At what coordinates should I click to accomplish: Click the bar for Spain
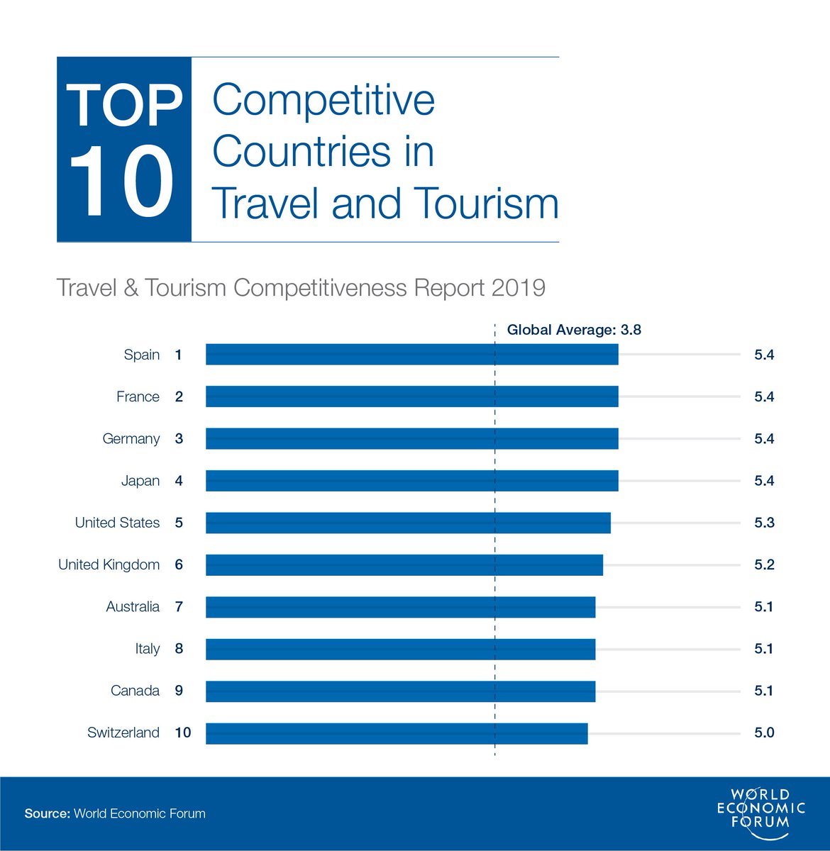click(411, 355)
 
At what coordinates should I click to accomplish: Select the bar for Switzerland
click(397, 733)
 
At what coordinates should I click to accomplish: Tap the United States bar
click(408, 523)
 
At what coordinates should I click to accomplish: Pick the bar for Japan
click(411, 481)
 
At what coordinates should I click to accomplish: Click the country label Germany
click(131, 439)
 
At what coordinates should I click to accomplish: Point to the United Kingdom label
click(109, 564)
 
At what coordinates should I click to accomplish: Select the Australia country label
click(133, 607)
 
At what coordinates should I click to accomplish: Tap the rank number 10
click(183, 733)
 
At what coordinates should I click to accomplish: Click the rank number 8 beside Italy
click(179, 649)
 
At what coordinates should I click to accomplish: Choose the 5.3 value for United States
click(764, 523)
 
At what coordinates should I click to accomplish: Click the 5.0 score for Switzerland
click(764, 733)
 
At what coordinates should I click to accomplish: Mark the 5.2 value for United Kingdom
click(764, 564)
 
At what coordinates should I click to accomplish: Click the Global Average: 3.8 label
click(574, 330)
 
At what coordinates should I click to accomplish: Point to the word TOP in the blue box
click(124, 106)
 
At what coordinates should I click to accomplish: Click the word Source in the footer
click(47, 813)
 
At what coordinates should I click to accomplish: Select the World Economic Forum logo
click(761, 808)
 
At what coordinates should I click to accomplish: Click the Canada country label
click(135, 691)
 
